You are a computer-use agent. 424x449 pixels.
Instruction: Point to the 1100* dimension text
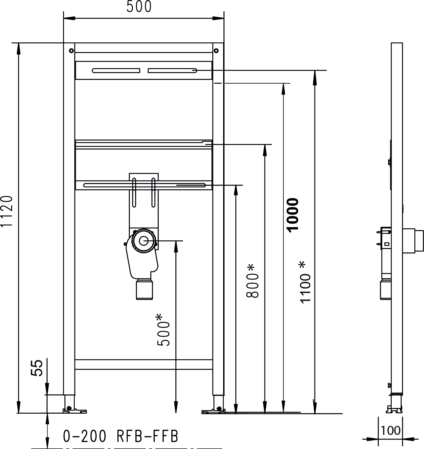coord(305,282)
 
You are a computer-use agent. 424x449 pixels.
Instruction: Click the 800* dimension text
coord(252,281)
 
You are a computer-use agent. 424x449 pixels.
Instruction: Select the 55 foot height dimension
coord(37,368)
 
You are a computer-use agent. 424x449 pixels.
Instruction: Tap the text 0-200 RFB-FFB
coord(121,436)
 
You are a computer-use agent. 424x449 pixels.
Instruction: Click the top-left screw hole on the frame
coord(71,51)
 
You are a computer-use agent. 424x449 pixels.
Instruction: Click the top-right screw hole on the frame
coord(216,51)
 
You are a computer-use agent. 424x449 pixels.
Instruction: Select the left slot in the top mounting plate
coord(116,71)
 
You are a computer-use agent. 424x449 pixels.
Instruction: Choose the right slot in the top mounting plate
coord(172,71)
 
